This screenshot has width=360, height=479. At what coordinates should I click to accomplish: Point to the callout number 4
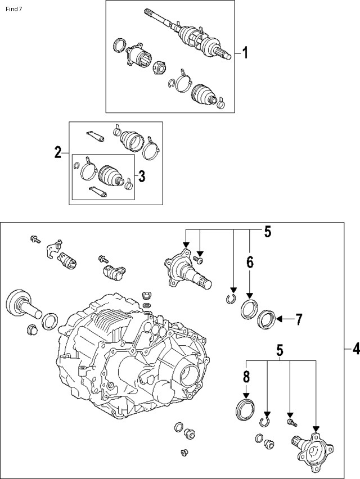click(x=355, y=349)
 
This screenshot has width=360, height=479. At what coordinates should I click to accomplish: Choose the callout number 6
click(x=250, y=262)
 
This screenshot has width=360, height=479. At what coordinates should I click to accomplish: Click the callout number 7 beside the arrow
click(x=299, y=319)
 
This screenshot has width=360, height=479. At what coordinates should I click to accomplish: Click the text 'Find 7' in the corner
click(x=13, y=9)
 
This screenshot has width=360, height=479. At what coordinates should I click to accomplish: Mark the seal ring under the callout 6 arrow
click(x=249, y=309)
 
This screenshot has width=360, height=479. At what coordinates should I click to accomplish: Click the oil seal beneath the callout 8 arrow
click(x=245, y=408)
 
